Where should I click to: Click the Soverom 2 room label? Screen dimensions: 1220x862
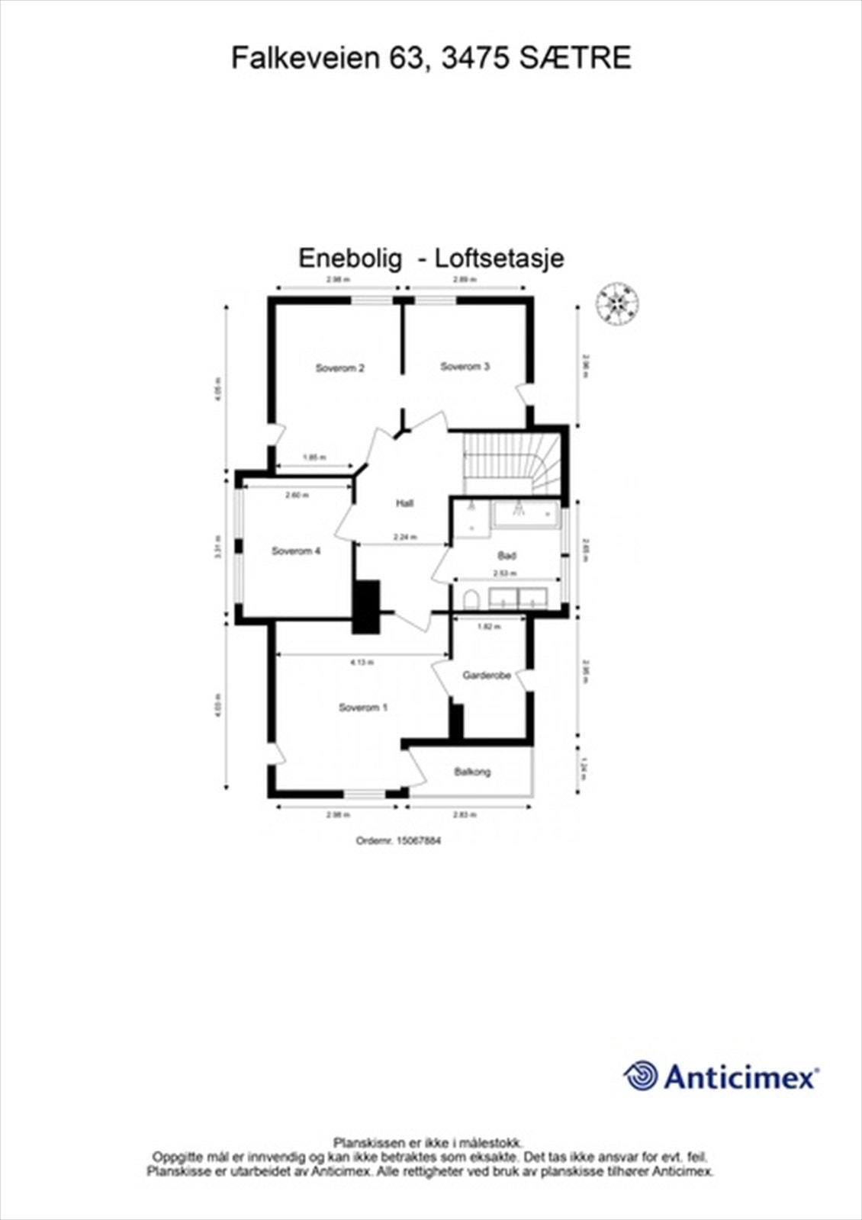339,368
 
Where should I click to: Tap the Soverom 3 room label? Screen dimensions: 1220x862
465,367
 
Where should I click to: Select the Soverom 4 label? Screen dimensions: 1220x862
296,551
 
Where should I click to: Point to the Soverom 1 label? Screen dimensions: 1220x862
363,708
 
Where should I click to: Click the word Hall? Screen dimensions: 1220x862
404,503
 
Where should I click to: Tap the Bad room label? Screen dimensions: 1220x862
507,556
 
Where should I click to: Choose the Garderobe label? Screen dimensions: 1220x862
487,676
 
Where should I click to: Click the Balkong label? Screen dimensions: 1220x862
472,772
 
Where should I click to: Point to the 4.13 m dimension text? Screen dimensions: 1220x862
362,663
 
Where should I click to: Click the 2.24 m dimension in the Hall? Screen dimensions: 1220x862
405,537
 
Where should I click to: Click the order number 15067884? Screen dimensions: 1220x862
419,841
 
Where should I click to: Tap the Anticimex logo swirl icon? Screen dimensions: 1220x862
641,1076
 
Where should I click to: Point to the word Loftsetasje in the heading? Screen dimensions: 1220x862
500,258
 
